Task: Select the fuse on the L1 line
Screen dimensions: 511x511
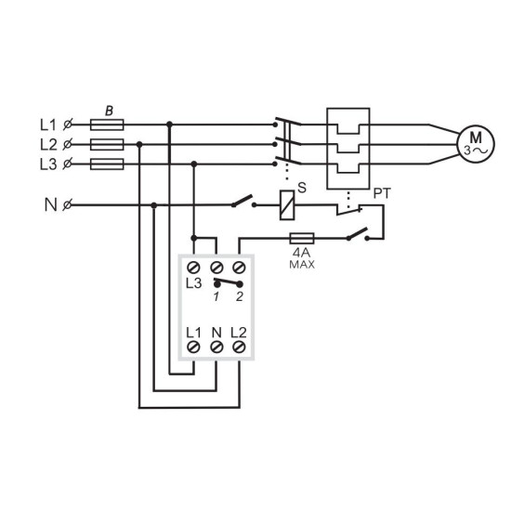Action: click(x=107, y=124)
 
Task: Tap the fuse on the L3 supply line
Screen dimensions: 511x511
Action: click(x=107, y=164)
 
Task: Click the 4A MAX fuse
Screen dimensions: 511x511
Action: click(x=302, y=239)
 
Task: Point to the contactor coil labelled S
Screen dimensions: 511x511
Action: click(x=287, y=205)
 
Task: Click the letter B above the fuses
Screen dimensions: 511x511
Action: click(x=110, y=111)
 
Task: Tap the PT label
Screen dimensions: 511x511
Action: click(x=382, y=193)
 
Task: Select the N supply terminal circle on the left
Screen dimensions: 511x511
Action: click(x=67, y=205)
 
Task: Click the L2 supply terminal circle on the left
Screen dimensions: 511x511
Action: click(x=67, y=144)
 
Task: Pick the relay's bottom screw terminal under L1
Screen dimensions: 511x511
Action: click(x=193, y=347)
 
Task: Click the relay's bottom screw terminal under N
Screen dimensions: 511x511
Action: click(x=216, y=347)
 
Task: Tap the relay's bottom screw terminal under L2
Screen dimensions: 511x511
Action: click(x=239, y=347)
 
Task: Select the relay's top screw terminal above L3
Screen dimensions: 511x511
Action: click(x=193, y=268)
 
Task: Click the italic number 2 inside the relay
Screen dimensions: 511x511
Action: click(x=240, y=296)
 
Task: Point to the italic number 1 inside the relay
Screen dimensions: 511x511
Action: click(x=216, y=296)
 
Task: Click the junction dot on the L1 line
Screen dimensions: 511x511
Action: click(x=169, y=124)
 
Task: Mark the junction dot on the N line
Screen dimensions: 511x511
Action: click(x=154, y=205)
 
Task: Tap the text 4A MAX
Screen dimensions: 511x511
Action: click(x=302, y=258)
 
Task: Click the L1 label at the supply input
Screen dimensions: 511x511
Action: click(x=48, y=124)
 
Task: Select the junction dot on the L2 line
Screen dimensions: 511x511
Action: click(x=139, y=144)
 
